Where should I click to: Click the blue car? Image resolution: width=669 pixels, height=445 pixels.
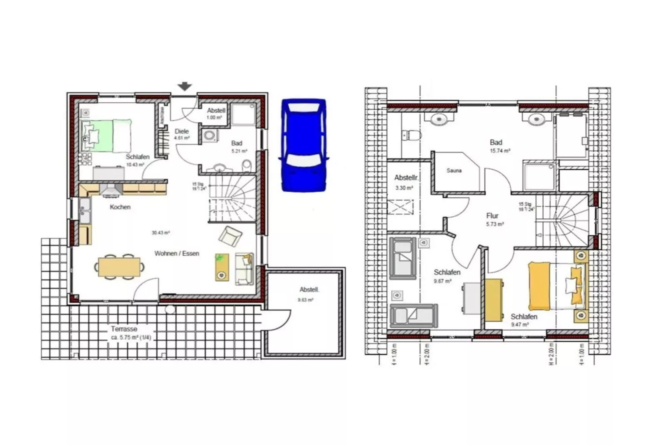[304, 145]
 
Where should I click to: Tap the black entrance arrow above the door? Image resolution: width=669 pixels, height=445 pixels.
[185, 86]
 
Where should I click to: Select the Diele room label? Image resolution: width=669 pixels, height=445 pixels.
[182, 131]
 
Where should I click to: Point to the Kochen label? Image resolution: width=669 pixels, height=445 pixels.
[120, 207]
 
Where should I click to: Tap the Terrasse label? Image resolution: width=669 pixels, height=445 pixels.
[124, 329]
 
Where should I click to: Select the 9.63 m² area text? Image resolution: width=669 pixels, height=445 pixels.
[305, 299]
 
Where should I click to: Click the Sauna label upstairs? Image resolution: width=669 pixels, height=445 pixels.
[454, 170]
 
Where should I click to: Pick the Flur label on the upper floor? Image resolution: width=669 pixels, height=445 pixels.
[492, 215]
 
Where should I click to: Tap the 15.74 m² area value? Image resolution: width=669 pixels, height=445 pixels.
[500, 151]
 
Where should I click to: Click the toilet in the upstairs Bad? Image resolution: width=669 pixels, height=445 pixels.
[412, 135]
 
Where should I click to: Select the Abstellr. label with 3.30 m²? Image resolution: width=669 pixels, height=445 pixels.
[406, 178]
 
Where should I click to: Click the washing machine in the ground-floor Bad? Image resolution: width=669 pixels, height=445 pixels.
[210, 136]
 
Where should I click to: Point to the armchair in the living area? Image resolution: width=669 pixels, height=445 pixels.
[230, 236]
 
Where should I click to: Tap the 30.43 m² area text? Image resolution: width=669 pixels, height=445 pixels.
[160, 233]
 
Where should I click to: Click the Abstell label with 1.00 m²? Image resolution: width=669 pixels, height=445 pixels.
[216, 110]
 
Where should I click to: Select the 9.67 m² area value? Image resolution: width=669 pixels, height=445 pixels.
[442, 281]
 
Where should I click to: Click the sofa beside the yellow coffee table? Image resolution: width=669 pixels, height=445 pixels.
[244, 269]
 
